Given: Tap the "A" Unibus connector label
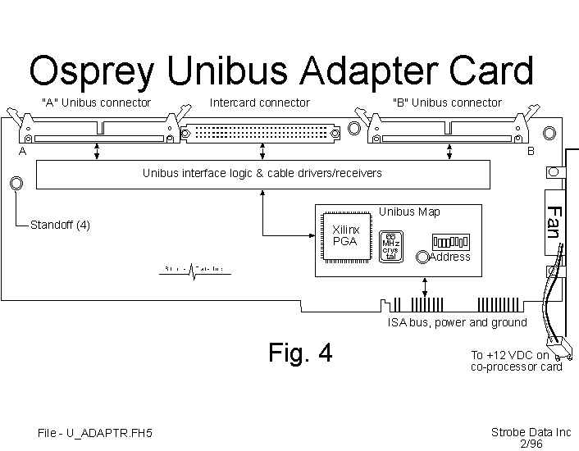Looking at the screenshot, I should coord(96,103).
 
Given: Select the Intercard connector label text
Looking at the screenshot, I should coord(260,103).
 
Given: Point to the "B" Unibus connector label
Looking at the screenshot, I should coord(447,103).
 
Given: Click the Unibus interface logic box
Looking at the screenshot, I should coord(262,174).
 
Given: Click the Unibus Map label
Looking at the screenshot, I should coord(409,212).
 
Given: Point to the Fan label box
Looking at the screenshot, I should coord(554,221).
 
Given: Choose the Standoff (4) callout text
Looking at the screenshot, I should coord(60,225).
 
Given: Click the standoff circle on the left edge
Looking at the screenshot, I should coord(16,184).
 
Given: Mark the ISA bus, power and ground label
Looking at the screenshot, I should coord(457,323).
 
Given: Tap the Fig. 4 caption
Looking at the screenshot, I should coord(300,353).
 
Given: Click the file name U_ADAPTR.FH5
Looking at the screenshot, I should coord(95,433).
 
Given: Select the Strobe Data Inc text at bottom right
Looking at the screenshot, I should coord(531,432).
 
